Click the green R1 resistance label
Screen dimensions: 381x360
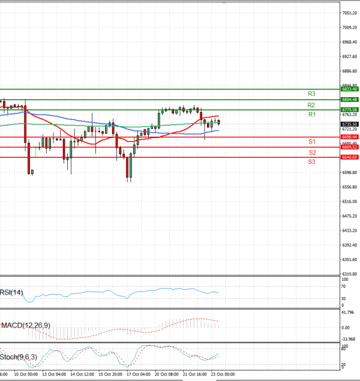click(311, 114)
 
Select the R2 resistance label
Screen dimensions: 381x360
click(311, 104)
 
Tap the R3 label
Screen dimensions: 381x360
click(311, 94)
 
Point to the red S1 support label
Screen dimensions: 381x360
click(311, 142)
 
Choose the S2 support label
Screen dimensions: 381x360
click(311, 152)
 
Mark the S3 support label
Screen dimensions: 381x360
click(311, 162)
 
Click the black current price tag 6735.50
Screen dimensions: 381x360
click(349, 124)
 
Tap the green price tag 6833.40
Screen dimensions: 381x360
click(349, 89)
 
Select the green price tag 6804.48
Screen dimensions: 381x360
click(349, 100)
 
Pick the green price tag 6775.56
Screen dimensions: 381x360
click(349, 110)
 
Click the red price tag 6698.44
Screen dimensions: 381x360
click(349, 137)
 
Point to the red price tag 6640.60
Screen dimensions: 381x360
click(349, 157)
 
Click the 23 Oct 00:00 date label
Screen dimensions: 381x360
click(223, 374)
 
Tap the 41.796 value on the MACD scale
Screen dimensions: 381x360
click(348, 313)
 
